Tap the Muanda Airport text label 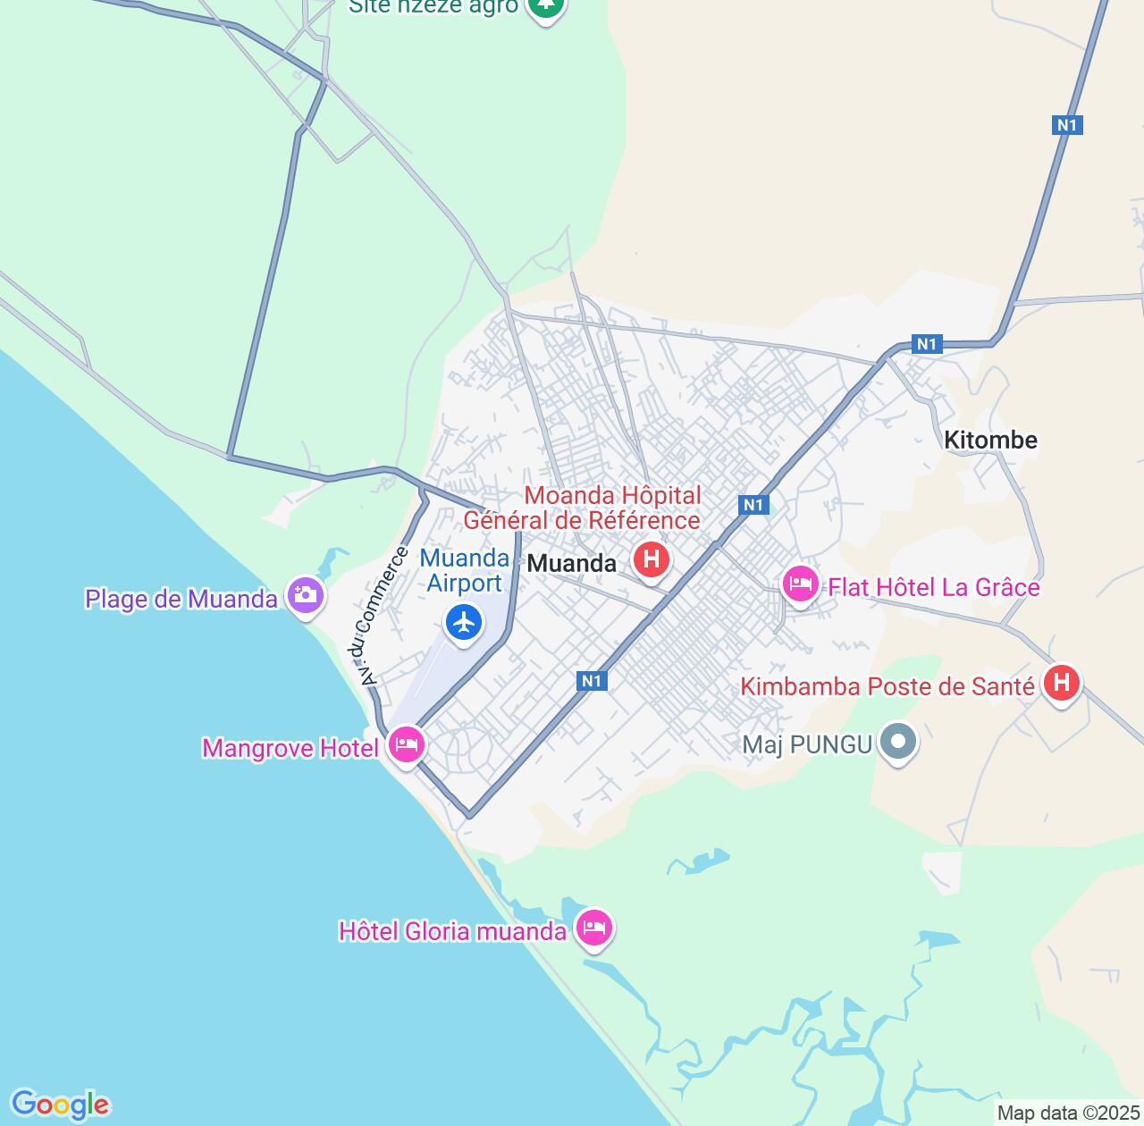tap(465, 570)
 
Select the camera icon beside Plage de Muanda tap(305, 594)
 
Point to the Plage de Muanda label tap(181, 599)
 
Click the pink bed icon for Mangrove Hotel tap(407, 743)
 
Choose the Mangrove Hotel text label tap(290, 748)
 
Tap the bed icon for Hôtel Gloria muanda tap(594, 928)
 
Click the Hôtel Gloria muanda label tap(452, 931)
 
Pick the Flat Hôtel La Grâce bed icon tap(800, 584)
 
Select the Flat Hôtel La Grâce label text tap(934, 587)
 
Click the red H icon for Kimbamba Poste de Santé tap(1061, 684)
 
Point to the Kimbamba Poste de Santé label tap(887, 686)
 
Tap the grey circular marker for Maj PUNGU tap(899, 742)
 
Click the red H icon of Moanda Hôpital tap(651, 560)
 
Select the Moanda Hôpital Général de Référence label tap(582, 508)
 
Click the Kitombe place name tap(991, 440)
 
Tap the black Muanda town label tap(572, 564)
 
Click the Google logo tap(60, 1105)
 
